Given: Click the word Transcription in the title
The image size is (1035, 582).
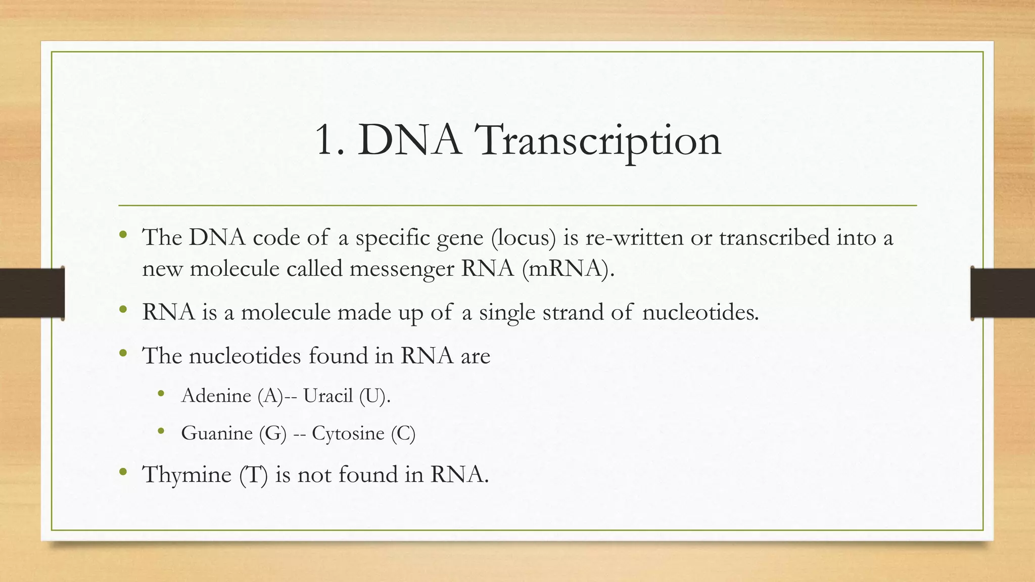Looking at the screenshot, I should coord(599,140).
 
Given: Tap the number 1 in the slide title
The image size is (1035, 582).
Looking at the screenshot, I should coord(326,140).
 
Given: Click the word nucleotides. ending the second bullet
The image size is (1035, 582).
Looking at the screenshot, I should coord(700,312).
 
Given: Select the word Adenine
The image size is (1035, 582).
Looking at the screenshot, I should coord(216,396).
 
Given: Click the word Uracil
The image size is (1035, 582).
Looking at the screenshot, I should coord(328,396).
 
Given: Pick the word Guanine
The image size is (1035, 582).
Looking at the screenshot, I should coord(217,433).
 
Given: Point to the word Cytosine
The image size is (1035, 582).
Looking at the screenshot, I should coord(348,433).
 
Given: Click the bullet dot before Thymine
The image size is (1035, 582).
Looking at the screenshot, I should coord(123,472).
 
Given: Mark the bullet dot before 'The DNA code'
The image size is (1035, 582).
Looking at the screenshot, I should coord(123,234).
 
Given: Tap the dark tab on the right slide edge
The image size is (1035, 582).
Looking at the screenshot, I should coord(1003,293).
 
